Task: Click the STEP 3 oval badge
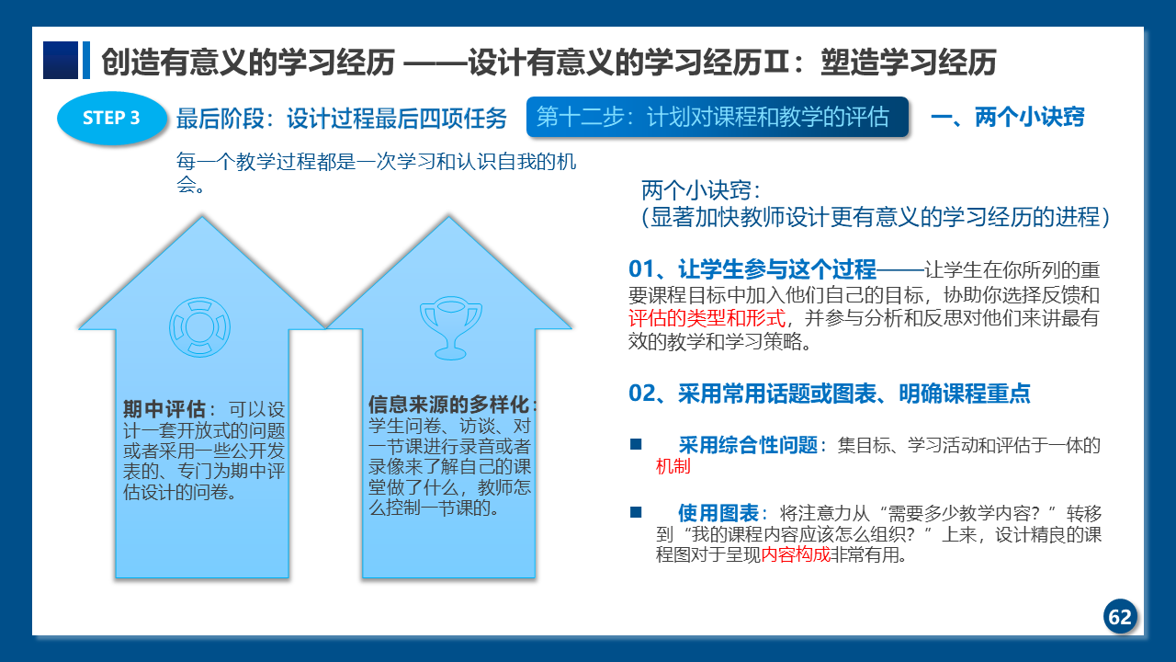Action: click(111, 118)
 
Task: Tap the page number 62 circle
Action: click(1120, 616)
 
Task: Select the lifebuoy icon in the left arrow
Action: click(200, 327)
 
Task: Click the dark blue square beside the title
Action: click(61, 61)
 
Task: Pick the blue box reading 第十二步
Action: click(718, 117)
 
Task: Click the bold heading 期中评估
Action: click(164, 409)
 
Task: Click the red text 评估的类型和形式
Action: click(707, 318)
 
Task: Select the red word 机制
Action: click(673, 466)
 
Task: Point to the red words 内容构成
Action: click(796, 554)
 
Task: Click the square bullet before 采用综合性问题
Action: click(636, 444)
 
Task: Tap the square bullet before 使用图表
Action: click(636, 512)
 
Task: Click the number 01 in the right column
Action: click(641, 269)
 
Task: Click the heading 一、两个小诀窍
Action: click(1008, 117)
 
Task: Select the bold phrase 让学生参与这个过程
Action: click(777, 269)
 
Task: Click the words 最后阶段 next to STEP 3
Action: click(220, 119)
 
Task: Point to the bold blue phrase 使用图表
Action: click(718, 512)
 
